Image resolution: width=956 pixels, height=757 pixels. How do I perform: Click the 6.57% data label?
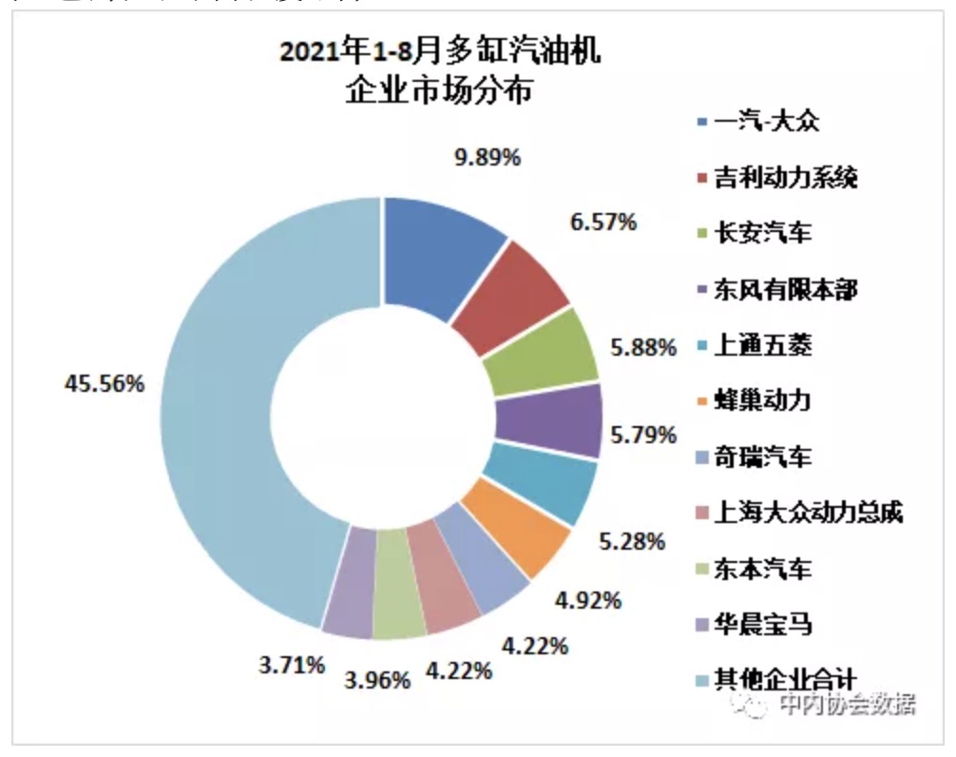(602, 222)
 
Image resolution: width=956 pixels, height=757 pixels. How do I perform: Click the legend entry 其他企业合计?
(785, 679)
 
